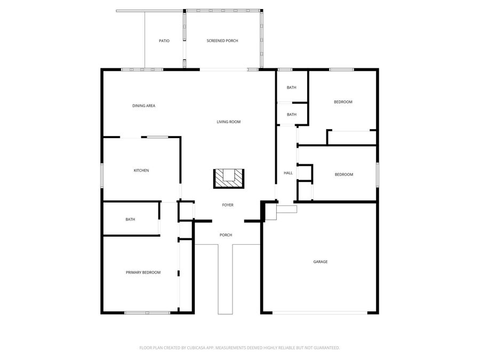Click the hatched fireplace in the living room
(228, 179)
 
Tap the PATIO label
(164, 41)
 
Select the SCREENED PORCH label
(222, 41)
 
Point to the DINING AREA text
(143, 106)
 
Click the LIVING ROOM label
(228, 122)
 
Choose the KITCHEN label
(141, 171)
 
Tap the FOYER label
(228, 205)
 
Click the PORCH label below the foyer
(226, 235)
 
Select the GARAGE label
(320, 262)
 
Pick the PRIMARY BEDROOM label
(143, 273)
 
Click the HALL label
(288, 173)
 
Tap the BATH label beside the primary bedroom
(130, 219)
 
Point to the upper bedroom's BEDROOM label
(343, 102)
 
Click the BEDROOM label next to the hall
(343, 174)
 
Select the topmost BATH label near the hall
(291, 87)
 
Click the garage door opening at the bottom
(319, 313)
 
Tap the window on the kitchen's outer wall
(102, 175)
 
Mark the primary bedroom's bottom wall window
(147, 313)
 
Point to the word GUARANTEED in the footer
(325, 348)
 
